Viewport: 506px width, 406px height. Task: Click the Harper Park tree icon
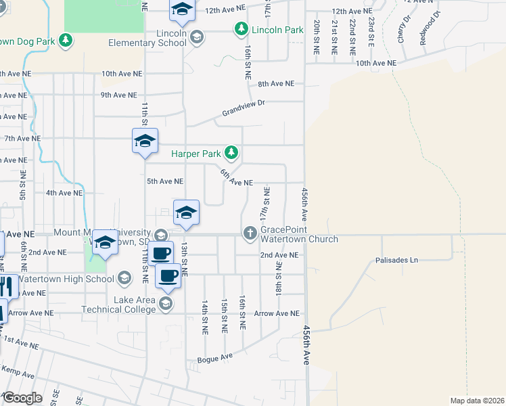coord(231,153)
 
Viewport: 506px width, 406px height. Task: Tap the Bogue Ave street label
coord(214,357)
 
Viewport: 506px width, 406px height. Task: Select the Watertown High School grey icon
coord(124,277)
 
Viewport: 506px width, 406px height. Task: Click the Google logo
coord(22,397)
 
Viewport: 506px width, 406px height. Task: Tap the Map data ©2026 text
coord(477,401)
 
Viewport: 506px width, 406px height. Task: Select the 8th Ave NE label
coord(276,84)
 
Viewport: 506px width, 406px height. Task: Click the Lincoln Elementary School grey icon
coord(196,36)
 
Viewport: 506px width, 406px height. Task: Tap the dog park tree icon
coord(66,41)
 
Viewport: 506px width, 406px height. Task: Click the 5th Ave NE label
coord(165,181)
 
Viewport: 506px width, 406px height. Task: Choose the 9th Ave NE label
coord(118,95)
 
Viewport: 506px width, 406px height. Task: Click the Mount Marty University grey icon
coord(160,235)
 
